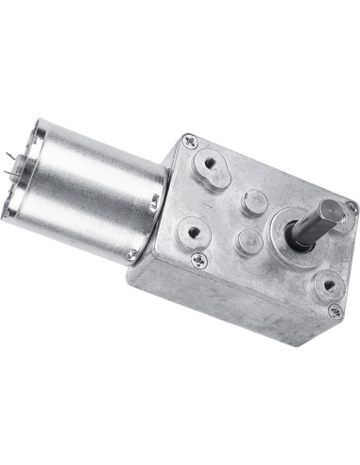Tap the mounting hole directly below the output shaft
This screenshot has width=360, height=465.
click(x=327, y=282)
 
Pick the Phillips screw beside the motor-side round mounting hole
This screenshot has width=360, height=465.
click(x=199, y=259)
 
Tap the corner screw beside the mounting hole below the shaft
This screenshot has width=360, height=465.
click(x=334, y=310)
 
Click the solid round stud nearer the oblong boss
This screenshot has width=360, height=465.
click(x=253, y=200)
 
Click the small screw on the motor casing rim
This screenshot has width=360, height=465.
click(x=130, y=254)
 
